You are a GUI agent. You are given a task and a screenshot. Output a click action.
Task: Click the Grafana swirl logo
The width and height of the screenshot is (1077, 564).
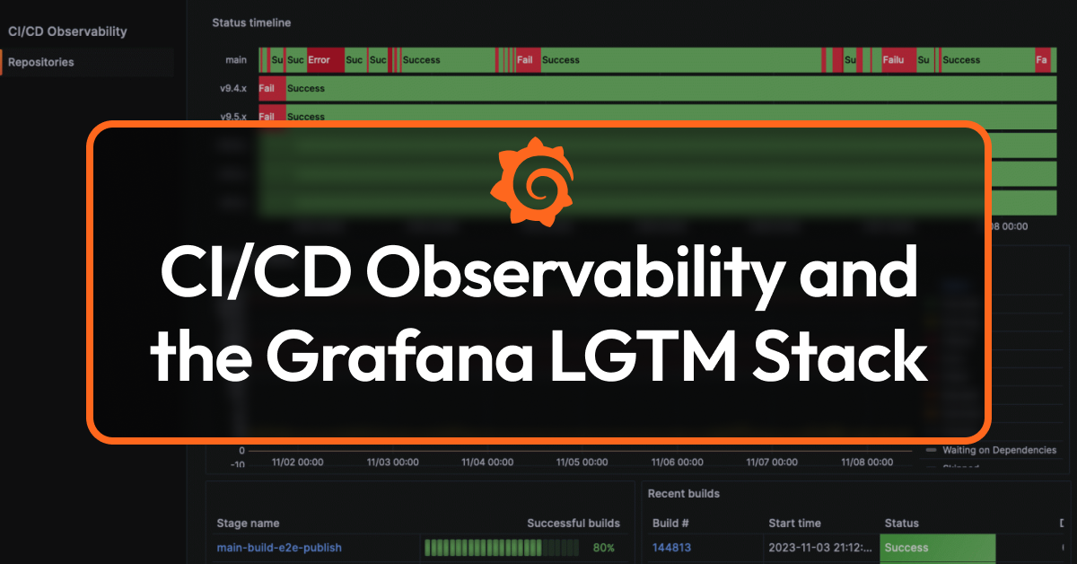tap(532, 181)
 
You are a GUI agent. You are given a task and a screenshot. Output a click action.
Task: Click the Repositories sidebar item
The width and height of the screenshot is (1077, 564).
tap(41, 62)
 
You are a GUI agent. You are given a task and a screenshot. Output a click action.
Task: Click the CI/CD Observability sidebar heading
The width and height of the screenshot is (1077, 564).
tap(67, 31)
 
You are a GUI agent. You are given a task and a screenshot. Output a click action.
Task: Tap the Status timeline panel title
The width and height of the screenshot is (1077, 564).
tap(251, 22)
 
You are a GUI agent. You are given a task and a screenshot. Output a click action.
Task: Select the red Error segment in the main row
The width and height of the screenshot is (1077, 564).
tap(320, 60)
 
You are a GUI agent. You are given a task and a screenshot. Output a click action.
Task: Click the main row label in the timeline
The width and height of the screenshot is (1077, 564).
tap(236, 60)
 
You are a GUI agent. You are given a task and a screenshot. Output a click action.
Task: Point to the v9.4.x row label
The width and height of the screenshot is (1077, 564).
tap(233, 89)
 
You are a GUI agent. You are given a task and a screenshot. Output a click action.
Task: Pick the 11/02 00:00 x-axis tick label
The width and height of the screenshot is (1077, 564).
tap(298, 462)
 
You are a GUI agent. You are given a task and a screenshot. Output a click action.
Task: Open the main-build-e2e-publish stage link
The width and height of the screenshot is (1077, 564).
tap(279, 547)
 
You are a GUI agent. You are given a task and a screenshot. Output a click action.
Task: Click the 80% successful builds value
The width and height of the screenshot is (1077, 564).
tap(604, 547)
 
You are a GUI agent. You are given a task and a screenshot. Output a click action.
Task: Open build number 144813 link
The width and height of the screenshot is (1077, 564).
tap(671, 547)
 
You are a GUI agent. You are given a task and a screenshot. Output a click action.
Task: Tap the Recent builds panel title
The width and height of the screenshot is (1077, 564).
tap(684, 493)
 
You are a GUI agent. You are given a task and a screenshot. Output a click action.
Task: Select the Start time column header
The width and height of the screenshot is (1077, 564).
tap(795, 523)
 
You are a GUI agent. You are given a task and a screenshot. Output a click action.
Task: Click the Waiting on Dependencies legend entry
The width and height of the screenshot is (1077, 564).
tap(997, 450)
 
